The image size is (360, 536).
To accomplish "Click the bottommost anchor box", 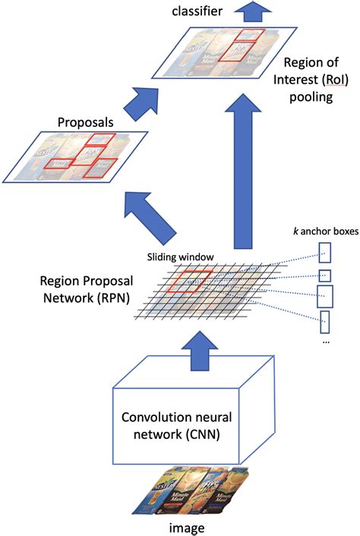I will (325, 321).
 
